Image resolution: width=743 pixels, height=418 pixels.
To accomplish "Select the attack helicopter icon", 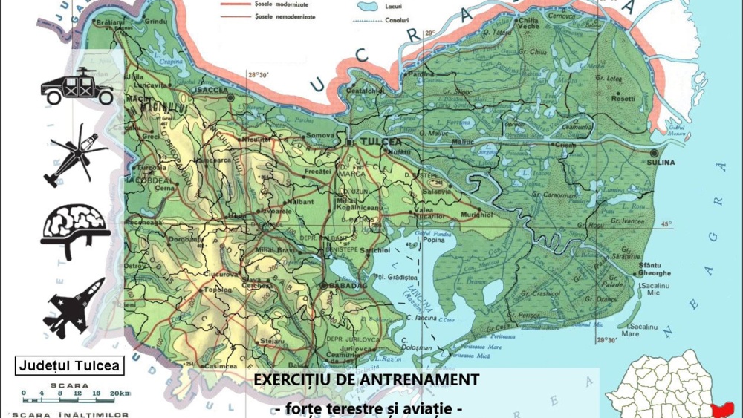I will [75, 158].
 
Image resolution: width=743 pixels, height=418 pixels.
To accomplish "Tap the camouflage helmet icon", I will [75, 227].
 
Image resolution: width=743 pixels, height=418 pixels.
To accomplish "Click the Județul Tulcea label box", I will [70, 365].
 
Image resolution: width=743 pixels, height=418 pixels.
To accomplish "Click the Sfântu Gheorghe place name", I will [654, 269].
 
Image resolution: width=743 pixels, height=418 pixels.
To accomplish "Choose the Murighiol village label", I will [476, 215].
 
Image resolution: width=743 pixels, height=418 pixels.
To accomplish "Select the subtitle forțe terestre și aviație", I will [369, 408].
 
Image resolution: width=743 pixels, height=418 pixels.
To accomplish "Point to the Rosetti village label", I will [623, 98].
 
